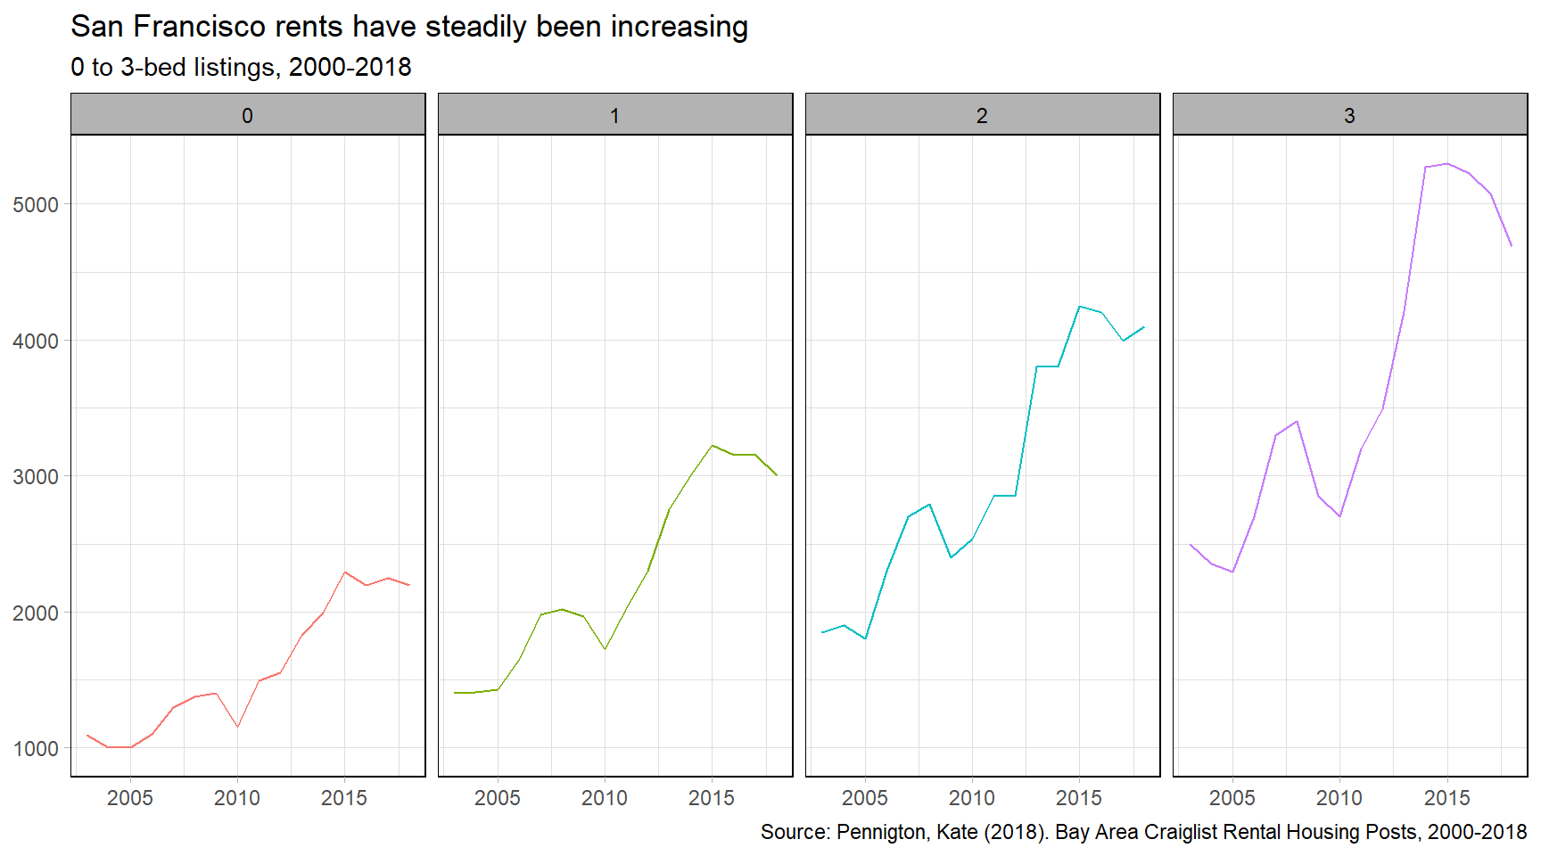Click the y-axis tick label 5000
point(36,205)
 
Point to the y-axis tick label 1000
point(36,749)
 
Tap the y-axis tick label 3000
point(36,477)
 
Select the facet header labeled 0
point(248,115)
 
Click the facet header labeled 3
point(1349,115)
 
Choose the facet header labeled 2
point(982,115)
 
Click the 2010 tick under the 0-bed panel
point(237,798)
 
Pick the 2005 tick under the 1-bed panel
point(498,798)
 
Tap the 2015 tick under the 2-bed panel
point(1079,798)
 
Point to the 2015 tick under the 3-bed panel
point(1446,798)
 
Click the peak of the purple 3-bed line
point(1446,164)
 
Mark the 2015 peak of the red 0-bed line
point(345,572)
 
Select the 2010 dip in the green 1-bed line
point(605,648)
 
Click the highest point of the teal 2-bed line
point(1079,307)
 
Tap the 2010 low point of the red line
point(237,727)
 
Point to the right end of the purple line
point(1511,245)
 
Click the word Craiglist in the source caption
point(1181,832)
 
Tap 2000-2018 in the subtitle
point(350,68)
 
